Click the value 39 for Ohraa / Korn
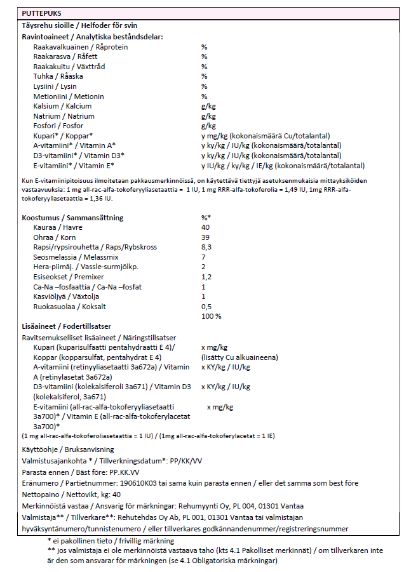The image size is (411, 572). point(205,237)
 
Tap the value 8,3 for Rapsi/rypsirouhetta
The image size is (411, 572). point(206,247)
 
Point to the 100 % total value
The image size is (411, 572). point(211,316)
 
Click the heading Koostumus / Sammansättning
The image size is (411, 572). point(72,217)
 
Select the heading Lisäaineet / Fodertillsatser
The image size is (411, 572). point(67,326)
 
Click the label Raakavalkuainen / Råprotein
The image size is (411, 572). point(81,47)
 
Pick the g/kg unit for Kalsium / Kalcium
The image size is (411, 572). point(208,107)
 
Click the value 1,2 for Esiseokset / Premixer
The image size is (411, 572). point(206,277)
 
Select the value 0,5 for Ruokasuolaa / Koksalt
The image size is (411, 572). point(206,307)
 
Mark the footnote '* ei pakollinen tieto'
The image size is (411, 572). point(84,540)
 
